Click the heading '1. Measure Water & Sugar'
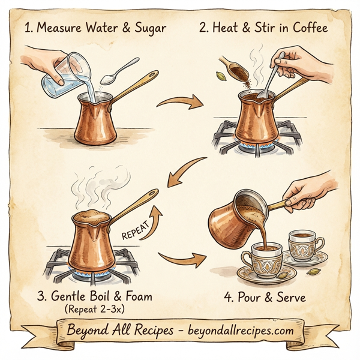[95, 28]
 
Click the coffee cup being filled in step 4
[263, 258]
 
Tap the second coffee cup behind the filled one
[305, 244]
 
